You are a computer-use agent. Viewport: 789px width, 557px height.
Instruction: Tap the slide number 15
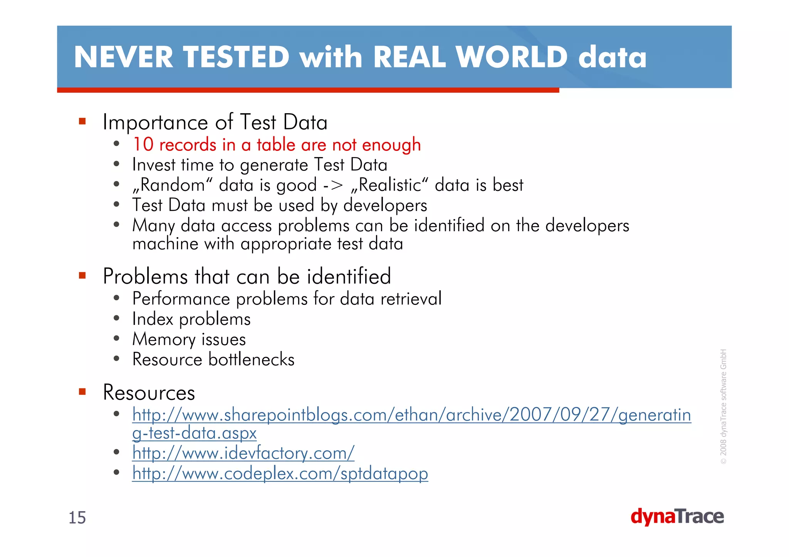point(77,518)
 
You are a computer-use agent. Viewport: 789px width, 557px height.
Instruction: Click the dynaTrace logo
point(677,517)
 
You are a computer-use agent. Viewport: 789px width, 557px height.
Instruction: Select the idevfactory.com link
point(243,453)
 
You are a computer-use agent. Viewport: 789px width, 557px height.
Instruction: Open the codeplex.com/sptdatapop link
point(280,473)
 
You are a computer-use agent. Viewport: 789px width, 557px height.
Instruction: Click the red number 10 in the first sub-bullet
point(143,145)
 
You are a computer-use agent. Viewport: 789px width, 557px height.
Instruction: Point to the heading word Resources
point(149,393)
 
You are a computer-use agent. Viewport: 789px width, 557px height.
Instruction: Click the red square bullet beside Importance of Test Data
point(82,122)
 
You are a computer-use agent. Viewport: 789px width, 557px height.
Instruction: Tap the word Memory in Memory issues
point(164,340)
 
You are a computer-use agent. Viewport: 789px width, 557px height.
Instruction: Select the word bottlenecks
point(251,360)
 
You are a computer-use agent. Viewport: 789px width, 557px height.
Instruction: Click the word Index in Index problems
point(153,319)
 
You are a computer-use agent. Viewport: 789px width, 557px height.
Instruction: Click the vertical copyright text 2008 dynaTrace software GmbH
point(723,406)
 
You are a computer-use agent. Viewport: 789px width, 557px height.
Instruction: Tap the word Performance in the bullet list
point(181,299)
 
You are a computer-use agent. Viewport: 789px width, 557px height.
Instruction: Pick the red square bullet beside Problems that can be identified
point(82,276)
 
